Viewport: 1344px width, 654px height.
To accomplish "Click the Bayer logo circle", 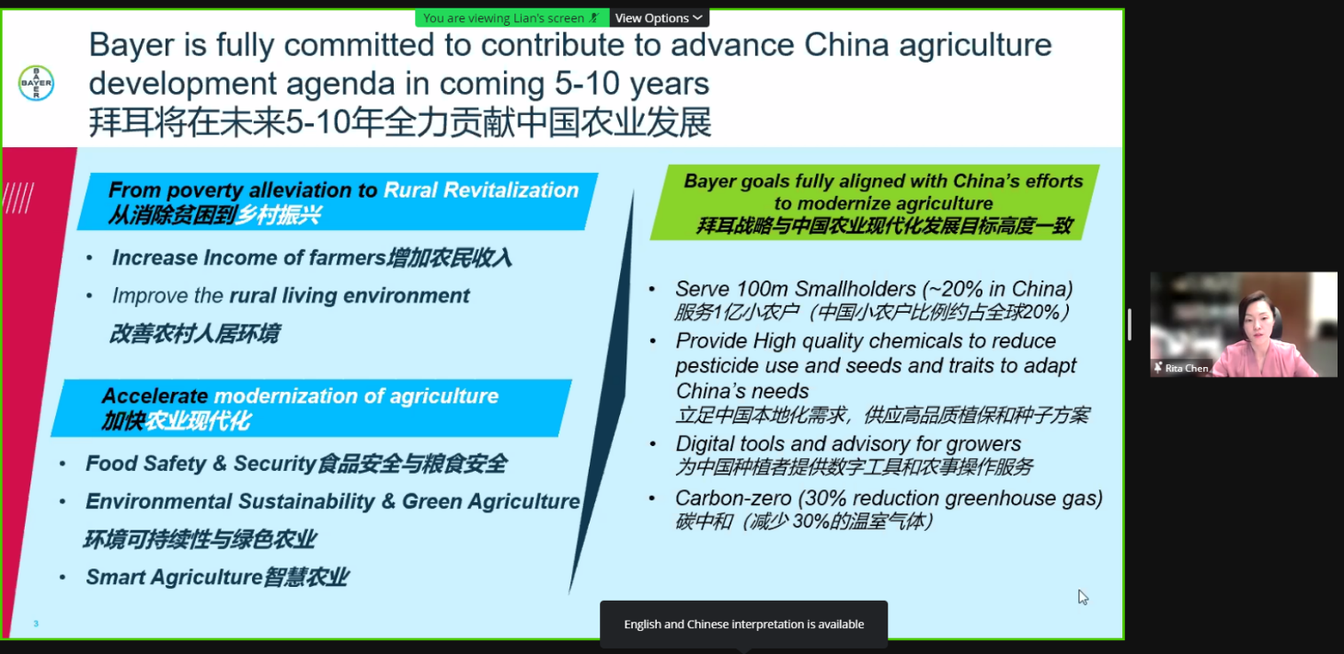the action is tap(36, 83).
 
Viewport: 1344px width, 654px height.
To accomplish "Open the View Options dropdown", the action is tap(659, 18).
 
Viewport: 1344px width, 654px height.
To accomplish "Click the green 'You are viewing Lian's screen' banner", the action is tap(511, 18).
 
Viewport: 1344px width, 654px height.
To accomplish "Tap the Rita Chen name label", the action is tap(1186, 368).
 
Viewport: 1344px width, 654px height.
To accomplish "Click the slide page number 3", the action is tap(36, 624).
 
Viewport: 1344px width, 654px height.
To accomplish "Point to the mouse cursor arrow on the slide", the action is tap(1083, 598).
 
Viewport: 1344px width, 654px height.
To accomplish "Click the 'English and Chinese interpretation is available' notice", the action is tap(744, 624).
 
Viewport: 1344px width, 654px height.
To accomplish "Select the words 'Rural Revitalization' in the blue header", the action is tap(481, 189).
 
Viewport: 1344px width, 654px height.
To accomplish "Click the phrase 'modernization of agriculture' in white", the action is tap(356, 396).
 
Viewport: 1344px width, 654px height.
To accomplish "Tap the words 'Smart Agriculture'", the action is tap(174, 578).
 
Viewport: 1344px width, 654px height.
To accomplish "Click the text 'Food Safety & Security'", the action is tap(201, 464).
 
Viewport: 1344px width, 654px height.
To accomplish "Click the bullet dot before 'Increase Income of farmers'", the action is tap(89, 258).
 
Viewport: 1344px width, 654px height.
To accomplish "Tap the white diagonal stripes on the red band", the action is tap(18, 198).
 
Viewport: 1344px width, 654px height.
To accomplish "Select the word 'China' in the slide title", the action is tap(846, 44).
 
